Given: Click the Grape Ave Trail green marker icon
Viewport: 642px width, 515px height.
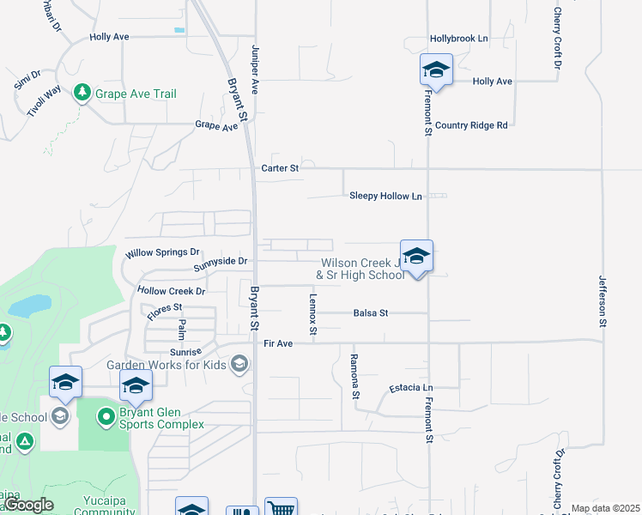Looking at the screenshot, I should (x=82, y=93).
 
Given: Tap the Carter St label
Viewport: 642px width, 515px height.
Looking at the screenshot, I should (x=280, y=169).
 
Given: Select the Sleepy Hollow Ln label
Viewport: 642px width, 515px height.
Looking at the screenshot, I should (x=386, y=197).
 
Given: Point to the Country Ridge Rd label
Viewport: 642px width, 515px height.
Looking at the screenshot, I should (x=471, y=125).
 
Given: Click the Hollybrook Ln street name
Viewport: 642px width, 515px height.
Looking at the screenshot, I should (x=458, y=39).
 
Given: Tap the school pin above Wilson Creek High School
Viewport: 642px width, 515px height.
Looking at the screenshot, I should (x=416, y=257).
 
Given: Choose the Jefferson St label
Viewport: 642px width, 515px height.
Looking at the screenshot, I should (x=603, y=301).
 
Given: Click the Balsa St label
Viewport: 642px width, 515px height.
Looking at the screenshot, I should (x=371, y=313).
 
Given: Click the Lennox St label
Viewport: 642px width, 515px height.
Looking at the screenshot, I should (x=313, y=314).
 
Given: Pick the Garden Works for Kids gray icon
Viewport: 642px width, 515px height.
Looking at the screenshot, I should (x=239, y=365).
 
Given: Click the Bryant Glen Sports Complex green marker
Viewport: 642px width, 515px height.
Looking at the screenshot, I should (x=106, y=417).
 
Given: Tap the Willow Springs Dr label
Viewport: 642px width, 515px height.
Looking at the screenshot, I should (x=162, y=253).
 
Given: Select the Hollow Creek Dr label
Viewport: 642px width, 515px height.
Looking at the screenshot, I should (x=172, y=292).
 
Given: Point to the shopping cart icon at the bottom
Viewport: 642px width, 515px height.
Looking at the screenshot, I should (x=281, y=507).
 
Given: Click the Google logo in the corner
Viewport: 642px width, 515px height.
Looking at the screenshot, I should (x=29, y=506).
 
